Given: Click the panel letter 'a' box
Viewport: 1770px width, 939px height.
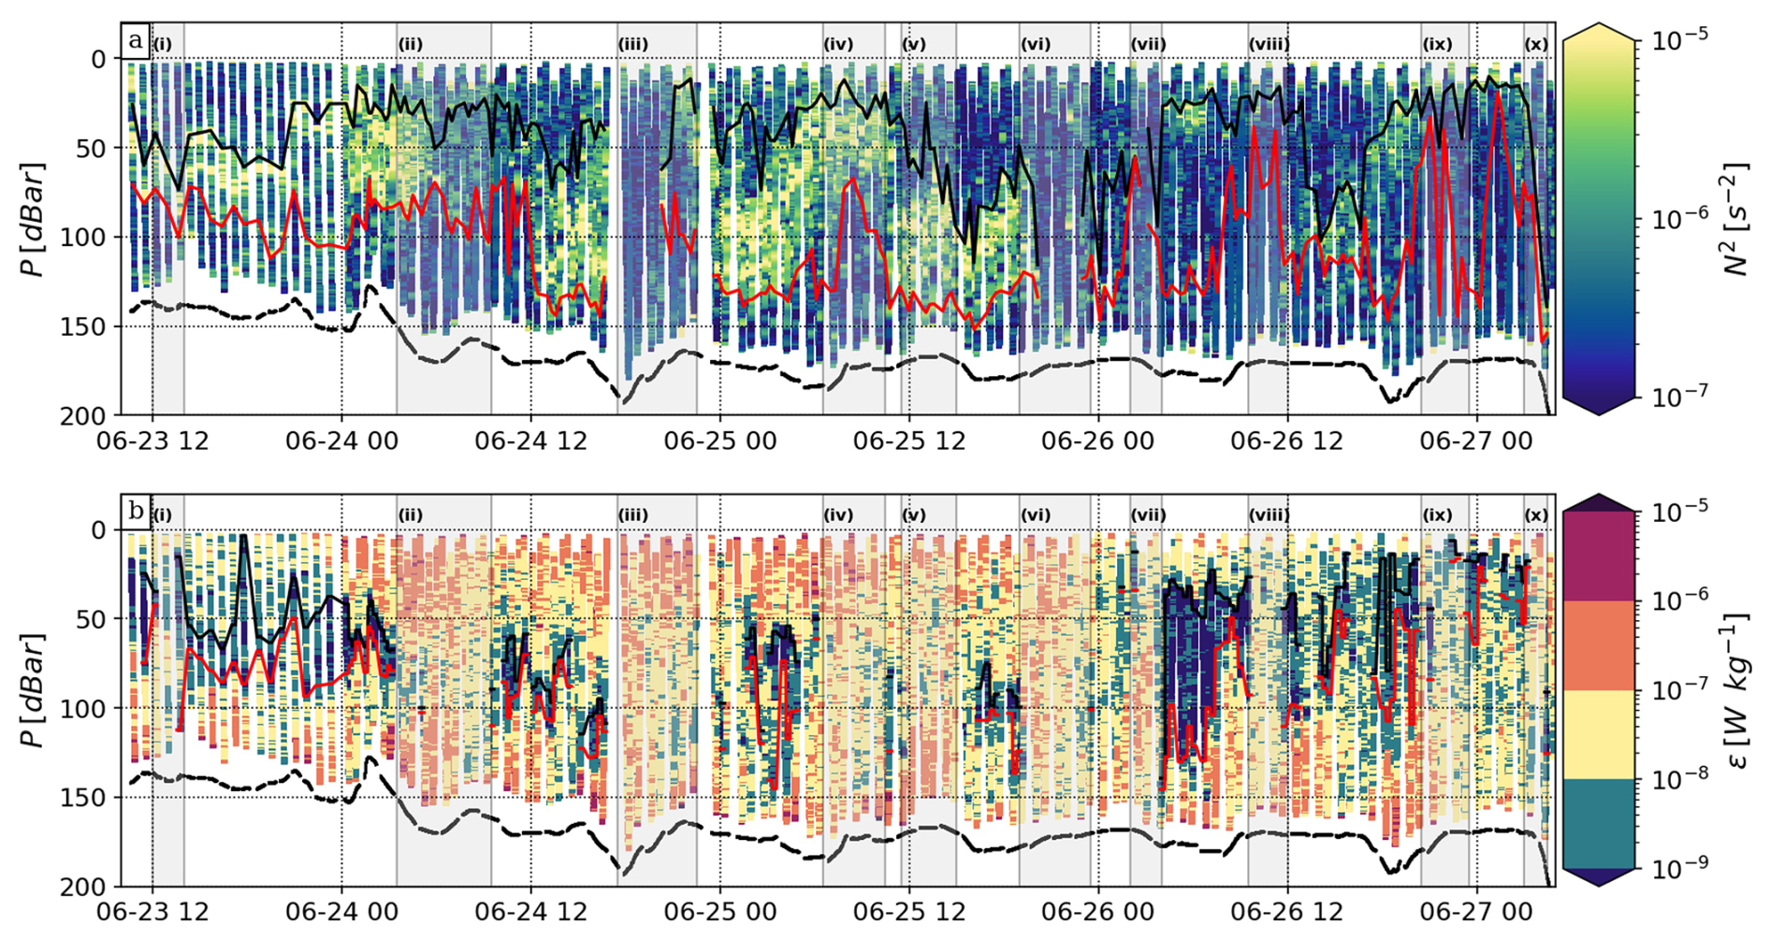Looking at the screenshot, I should point(136,40).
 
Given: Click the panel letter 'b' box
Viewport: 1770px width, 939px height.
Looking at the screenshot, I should point(136,512).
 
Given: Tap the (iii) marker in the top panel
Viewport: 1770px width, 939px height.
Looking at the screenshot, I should point(633,44).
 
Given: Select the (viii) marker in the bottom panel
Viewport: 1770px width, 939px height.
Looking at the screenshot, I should point(1269,515).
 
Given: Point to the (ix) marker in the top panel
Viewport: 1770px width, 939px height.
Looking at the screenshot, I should point(1437,44).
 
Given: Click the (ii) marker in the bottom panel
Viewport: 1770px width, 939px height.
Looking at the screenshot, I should point(410,515).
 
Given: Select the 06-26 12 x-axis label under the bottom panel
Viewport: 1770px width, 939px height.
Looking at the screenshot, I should point(1286,912).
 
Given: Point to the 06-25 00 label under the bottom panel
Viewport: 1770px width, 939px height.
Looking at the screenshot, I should point(720,912).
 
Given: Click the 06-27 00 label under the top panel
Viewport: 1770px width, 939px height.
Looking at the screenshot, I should point(1476,441).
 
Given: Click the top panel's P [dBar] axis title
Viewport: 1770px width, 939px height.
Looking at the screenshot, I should point(34,220).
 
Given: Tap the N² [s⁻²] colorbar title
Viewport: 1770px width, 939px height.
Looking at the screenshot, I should point(1737,220).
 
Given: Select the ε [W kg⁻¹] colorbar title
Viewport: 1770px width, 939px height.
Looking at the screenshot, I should point(1737,690).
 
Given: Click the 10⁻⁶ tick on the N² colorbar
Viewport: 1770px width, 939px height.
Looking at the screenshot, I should point(1675,219).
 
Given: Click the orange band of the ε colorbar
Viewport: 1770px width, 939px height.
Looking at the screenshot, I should point(1599,645).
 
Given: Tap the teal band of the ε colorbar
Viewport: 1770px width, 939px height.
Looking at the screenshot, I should point(1599,823).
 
